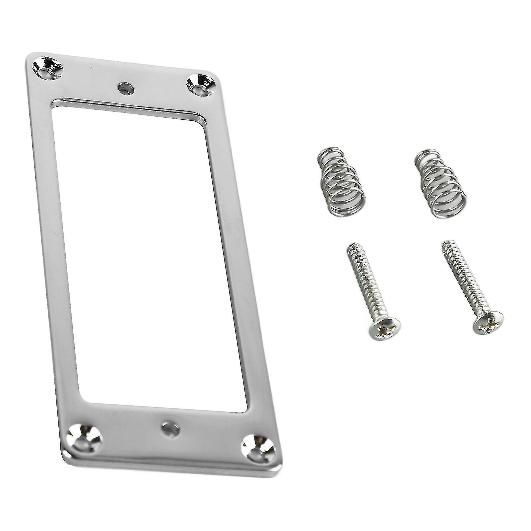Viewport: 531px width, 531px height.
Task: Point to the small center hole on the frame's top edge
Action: click(125, 88)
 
